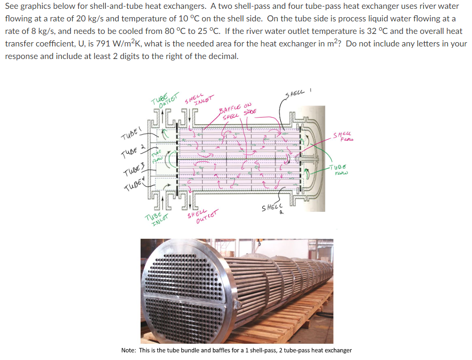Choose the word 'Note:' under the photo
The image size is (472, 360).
[x=129, y=350]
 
